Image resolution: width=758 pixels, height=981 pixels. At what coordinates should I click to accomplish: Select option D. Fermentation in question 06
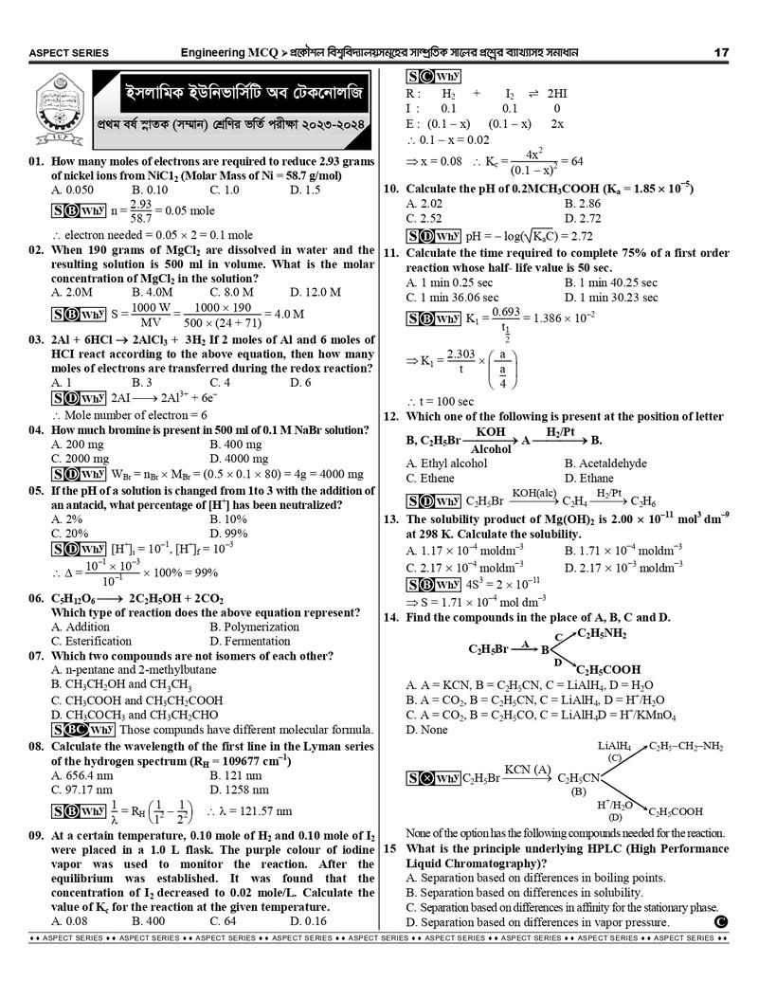point(251,641)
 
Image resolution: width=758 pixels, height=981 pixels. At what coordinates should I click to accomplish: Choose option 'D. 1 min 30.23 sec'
point(623,297)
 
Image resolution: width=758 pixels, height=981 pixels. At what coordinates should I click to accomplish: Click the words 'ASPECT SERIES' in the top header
point(68,53)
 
